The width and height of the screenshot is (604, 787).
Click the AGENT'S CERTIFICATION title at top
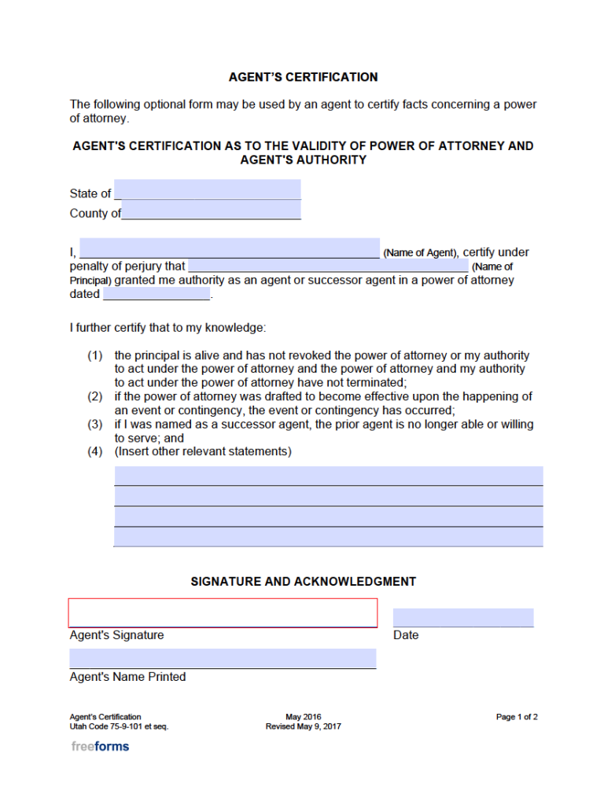(303, 77)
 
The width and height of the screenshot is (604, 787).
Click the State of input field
(208, 189)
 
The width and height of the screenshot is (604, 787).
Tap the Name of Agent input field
(230, 248)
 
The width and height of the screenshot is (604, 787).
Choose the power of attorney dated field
(157, 294)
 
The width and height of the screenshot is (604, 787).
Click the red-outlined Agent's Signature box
(223, 612)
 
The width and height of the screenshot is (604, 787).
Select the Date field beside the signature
(462, 617)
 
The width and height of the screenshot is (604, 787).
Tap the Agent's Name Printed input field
(223, 659)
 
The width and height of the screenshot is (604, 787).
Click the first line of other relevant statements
(329, 476)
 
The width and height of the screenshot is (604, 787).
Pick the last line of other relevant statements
(329, 537)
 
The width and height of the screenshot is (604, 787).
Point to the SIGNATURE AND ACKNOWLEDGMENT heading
(303, 582)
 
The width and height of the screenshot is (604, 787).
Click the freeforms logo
(100, 746)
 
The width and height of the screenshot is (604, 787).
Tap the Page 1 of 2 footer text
(517, 717)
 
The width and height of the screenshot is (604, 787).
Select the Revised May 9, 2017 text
(303, 726)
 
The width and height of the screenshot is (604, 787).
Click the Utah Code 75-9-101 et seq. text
(119, 726)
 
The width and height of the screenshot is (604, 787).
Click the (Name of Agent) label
(420, 253)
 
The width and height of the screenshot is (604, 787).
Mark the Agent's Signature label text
(116, 635)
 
